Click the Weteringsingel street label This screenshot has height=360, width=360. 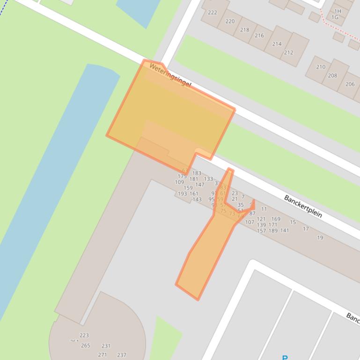pyautogui.click(x=170, y=76)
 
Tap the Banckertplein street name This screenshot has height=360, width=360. pyautogui.click(x=303, y=206)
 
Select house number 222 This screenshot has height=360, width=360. pyautogui.click(x=213, y=13)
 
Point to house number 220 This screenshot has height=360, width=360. pyautogui.click(x=230, y=21)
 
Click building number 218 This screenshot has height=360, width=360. pyautogui.click(x=245, y=29)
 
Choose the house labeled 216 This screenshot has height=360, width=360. pyautogui.click(x=259, y=36)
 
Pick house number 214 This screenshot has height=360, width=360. pyautogui.click(x=277, y=44)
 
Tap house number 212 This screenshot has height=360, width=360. pyautogui.click(x=288, y=52)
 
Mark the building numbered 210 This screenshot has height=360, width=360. pyautogui.click(x=321, y=67)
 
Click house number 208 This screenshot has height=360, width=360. pyautogui.click(x=332, y=75)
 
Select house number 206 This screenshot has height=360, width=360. pyautogui.click(x=350, y=84)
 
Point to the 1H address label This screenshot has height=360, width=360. pyautogui.click(x=338, y=11)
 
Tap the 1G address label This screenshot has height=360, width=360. pyautogui.click(x=335, y=17)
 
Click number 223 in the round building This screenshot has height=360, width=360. pyautogui.click(x=84, y=335)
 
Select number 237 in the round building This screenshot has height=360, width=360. pyautogui.click(x=122, y=355)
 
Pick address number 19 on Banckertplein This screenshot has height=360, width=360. pyautogui.click(x=320, y=238)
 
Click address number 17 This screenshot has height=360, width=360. pyautogui.click(x=306, y=229)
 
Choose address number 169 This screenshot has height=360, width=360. pyautogui.click(x=276, y=219)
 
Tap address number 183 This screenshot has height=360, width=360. pyautogui.click(x=197, y=173)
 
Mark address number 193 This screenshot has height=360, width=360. pyautogui.click(x=182, y=194)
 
